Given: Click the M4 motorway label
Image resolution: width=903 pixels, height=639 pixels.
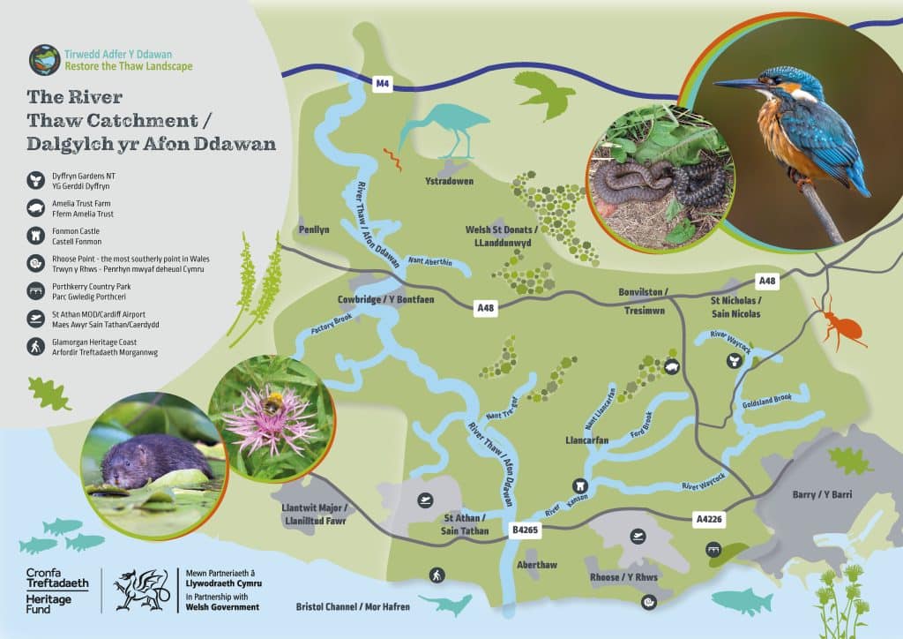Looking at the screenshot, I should tap(382, 84).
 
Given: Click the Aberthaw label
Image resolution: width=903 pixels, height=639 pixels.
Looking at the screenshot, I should tap(538, 564).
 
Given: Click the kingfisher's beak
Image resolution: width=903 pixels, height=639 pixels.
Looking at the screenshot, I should tap(736, 84).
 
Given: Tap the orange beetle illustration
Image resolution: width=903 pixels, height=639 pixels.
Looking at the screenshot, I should tap(840, 327).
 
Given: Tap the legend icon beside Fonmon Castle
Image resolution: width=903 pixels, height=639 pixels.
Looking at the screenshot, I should tap(34, 236).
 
